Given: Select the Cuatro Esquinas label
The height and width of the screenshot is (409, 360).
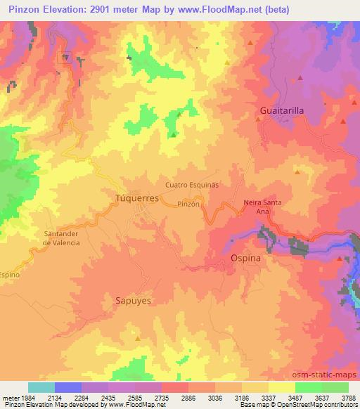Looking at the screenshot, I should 192,184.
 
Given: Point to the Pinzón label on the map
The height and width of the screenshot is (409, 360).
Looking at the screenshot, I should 190,203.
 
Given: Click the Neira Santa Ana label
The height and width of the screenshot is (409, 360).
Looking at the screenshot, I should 262,207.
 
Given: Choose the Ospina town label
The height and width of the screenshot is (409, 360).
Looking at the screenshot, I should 246,259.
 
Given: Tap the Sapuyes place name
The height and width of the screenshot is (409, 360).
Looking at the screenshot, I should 133,299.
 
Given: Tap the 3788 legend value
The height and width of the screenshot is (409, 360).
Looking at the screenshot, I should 348,397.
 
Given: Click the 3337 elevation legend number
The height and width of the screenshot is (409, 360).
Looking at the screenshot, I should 268,397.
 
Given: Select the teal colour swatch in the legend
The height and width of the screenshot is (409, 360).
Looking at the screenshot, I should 41,387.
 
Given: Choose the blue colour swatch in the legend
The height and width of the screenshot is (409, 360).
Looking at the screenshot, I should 68,387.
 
